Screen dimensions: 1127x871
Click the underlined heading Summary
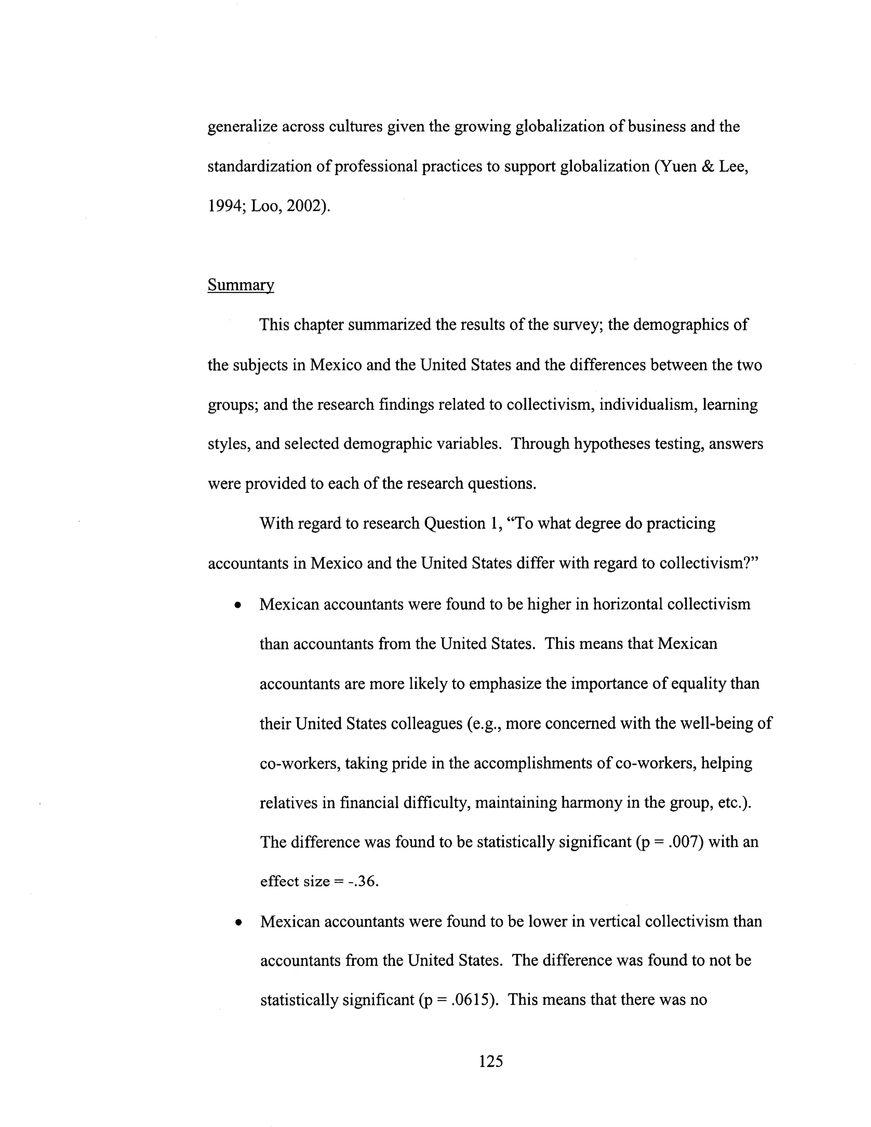240,285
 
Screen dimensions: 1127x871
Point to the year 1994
225,206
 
